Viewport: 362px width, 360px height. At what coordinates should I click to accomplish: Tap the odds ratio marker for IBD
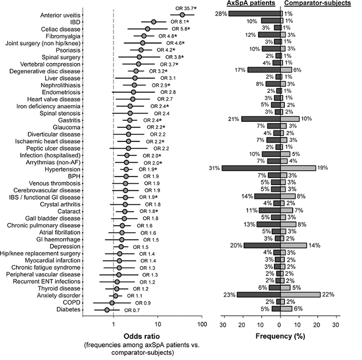pyautogui.click(x=153, y=21)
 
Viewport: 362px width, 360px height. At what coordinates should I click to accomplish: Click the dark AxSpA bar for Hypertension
pyautogui.click(x=251, y=168)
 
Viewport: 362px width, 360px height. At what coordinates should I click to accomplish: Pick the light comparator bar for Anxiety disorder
pyautogui.click(x=300, y=294)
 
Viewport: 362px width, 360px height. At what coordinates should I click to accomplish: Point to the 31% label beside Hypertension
pyautogui.click(x=214, y=168)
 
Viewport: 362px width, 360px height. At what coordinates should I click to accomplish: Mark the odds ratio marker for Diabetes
pyautogui.click(x=107, y=309)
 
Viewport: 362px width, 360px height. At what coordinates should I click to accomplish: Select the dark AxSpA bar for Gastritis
pyautogui.click(x=260, y=119)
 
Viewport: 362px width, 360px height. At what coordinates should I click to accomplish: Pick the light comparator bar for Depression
pyautogui.click(x=293, y=245)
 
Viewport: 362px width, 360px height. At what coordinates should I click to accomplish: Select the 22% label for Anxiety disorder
pyautogui.click(x=329, y=294)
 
